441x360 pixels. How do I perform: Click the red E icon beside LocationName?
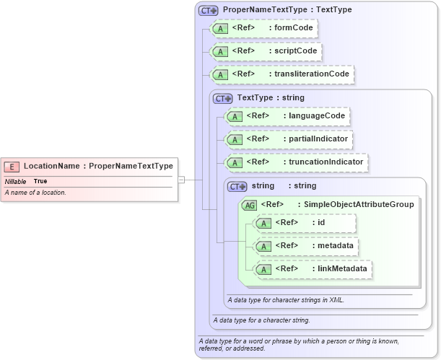click(x=14, y=166)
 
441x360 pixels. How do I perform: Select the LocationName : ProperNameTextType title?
click(x=98, y=166)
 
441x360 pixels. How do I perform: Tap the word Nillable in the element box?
click(x=16, y=181)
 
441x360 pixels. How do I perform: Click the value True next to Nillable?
click(x=40, y=181)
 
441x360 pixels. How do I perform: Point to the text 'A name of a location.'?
click(x=36, y=193)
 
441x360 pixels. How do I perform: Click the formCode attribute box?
click(x=263, y=29)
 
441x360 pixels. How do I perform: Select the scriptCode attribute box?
click(x=265, y=51)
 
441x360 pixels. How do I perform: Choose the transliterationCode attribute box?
click(x=282, y=74)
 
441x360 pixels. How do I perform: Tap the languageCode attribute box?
click(x=288, y=115)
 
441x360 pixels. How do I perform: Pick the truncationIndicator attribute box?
click(x=297, y=162)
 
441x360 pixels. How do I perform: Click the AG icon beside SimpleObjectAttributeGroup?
click(x=250, y=205)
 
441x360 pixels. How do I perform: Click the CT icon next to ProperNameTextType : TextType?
click(x=209, y=11)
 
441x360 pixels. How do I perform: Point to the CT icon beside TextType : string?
click(x=224, y=98)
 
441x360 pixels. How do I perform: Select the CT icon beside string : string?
click(x=237, y=186)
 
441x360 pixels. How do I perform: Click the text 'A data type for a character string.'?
click(x=261, y=320)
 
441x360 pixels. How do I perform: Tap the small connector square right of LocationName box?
click(x=182, y=180)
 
